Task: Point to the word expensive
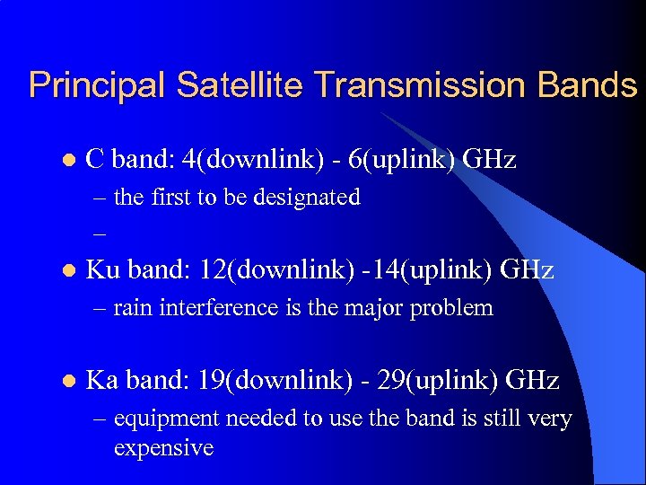point(163,447)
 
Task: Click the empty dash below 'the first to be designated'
point(99,232)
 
